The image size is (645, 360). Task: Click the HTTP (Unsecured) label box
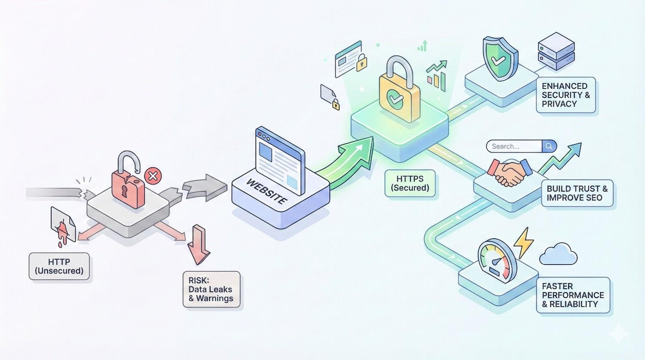pyautogui.click(x=59, y=266)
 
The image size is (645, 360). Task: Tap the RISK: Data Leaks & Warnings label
pyautogui.click(x=211, y=289)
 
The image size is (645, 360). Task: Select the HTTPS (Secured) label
pyautogui.click(x=410, y=183)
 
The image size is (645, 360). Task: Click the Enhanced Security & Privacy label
pyautogui.click(x=565, y=95)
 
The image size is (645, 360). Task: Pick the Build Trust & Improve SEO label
pyautogui.click(x=577, y=193)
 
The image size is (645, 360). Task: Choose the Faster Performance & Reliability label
pyautogui.click(x=573, y=295)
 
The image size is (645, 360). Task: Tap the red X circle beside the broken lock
pyautogui.click(x=152, y=175)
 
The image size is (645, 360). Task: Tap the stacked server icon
pyautogui.click(x=556, y=52)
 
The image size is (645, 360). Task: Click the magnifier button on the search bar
pyautogui.click(x=549, y=146)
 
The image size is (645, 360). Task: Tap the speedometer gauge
pyautogui.click(x=496, y=261)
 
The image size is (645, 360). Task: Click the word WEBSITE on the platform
pyautogui.click(x=266, y=192)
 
